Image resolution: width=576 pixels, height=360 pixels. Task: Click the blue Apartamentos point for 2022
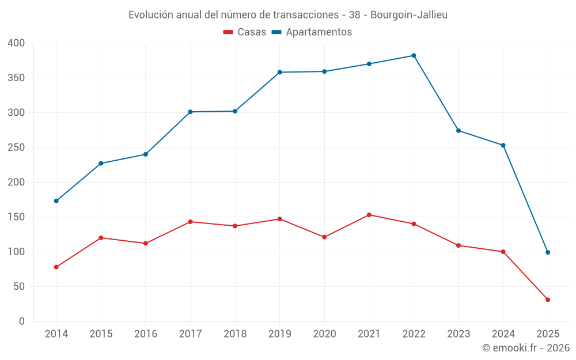pos(414,55)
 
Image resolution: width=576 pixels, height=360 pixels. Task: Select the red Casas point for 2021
pos(369,215)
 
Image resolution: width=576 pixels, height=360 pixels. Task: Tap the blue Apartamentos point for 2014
pos(56,201)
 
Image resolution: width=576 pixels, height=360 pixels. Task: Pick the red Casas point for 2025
pos(548,300)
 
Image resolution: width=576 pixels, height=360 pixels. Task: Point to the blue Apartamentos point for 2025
pos(548,252)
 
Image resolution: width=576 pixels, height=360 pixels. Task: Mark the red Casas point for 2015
pos(101,238)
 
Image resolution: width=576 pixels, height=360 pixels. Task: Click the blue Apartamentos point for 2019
pos(279,72)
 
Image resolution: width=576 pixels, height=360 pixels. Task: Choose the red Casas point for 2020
pos(324,237)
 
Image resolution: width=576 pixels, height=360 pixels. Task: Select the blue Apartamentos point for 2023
pos(458,131)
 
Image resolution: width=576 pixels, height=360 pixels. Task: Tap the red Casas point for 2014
pos(56,267)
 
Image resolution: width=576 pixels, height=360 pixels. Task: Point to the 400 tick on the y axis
pos(16,43)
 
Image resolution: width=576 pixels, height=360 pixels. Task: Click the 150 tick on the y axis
pos(16,217)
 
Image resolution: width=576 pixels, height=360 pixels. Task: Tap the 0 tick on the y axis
pos(21,321)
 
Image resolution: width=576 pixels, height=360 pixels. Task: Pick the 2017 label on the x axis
pos(190,334)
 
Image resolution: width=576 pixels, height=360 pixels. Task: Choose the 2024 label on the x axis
pos(503,334)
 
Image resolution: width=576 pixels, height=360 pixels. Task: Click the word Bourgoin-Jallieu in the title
pos(408,15)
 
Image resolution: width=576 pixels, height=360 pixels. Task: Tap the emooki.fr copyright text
pos(525,348)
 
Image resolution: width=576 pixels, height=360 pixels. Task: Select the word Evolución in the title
pos(150,15)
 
